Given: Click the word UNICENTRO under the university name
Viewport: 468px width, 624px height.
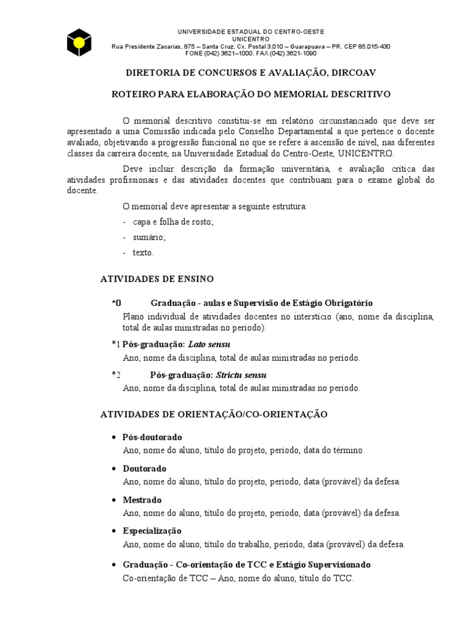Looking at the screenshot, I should (x=250, y=39).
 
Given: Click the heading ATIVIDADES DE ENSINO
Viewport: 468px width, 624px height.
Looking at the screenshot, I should (x=157, y=279).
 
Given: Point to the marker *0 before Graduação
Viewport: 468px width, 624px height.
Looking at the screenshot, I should (x=117, y=303).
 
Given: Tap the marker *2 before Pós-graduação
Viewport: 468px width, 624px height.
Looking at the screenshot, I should (x=117, y=375).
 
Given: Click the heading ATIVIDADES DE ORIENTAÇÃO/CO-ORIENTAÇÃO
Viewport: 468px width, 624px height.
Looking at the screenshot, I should (x=213, y=414).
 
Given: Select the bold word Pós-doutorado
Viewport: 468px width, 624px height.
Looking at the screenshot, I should (x=152, y=438).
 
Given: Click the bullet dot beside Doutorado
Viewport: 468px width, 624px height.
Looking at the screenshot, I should (x=115, y=469).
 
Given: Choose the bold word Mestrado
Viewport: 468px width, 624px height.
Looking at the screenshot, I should (x=142, y=500).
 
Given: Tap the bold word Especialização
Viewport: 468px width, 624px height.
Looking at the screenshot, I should (x=152, y=531).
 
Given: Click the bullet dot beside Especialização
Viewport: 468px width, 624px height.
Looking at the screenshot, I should (x=115, y=531).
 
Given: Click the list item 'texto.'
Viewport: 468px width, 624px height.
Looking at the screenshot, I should (x=143, y=252).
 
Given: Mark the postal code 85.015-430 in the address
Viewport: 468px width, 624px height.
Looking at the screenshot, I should (x=371, y=46).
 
